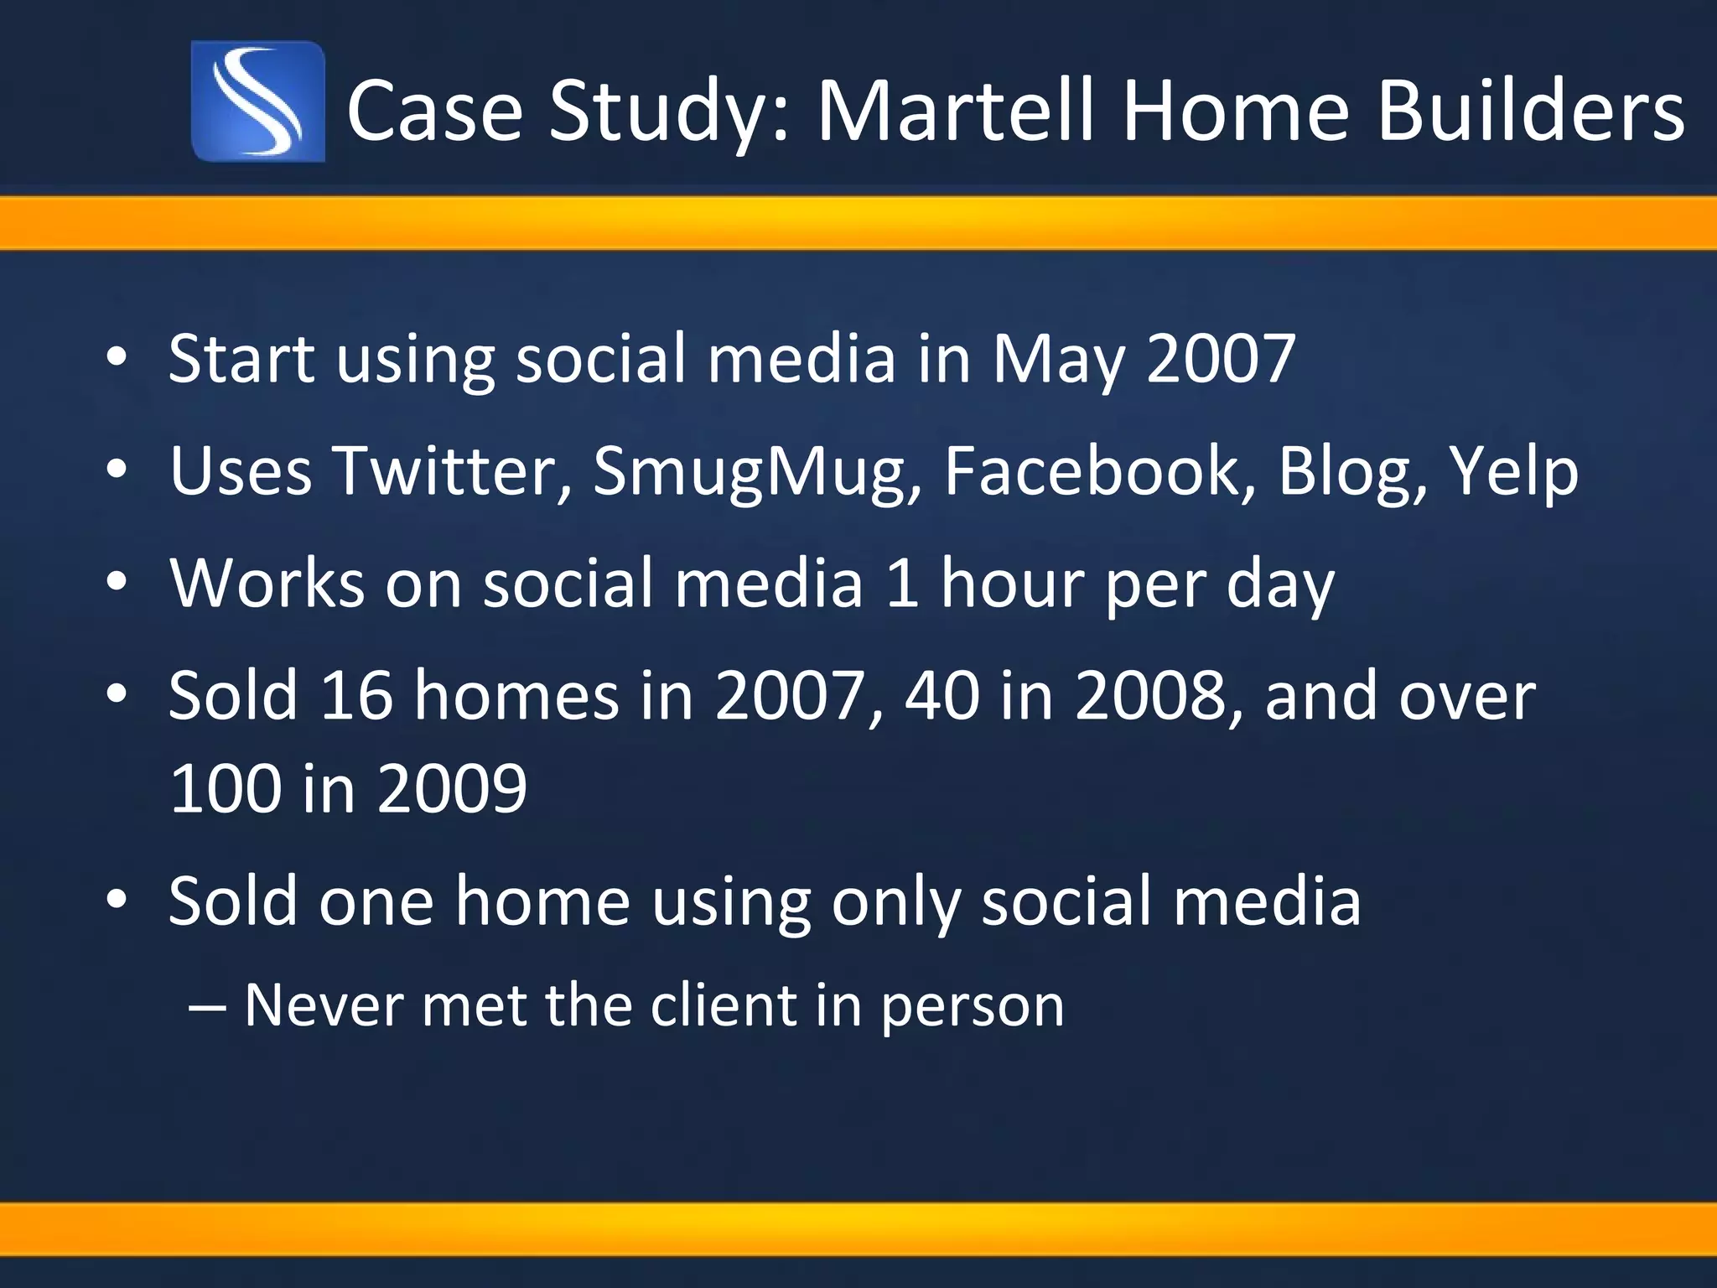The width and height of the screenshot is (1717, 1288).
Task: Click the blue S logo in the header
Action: click(x=258, y=101)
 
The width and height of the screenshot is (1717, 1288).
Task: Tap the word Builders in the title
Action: click(x=1530, y=110)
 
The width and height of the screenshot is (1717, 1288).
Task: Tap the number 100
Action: click(x=225, y=788)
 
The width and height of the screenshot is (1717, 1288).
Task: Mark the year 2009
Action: click(x=452, y=788)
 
